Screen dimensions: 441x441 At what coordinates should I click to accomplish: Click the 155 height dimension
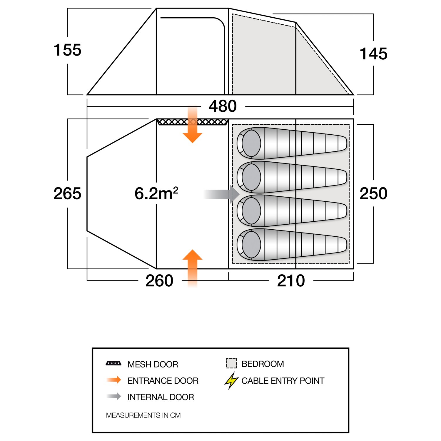[67, 50]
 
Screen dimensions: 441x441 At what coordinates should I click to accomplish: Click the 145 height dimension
[373, 54]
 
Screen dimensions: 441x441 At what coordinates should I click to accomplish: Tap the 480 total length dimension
[223, 106]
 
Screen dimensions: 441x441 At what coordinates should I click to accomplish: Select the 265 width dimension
[67, 193]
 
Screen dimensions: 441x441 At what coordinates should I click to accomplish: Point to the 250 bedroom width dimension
[373, 193]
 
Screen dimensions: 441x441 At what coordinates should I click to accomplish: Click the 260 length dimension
[159, 281]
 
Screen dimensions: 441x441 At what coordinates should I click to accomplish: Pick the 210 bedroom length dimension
[291, 281]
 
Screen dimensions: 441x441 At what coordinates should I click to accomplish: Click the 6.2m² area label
[156, 193]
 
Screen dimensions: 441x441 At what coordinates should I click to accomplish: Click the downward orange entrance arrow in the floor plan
[193, 126]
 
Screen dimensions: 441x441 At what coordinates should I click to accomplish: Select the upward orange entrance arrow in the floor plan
[193, 266]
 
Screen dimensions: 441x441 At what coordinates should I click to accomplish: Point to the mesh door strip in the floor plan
[192, 122]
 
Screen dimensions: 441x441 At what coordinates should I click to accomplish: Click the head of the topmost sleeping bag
[251, 143]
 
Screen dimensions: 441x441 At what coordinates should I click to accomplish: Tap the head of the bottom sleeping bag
[251, 244]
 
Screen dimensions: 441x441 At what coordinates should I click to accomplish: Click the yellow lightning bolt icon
[231, 380]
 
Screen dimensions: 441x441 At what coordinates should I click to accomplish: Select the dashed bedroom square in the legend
[231, 363]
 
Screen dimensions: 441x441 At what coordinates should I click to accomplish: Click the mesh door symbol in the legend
[113, 364]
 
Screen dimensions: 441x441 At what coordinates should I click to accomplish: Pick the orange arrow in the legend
[114, 380]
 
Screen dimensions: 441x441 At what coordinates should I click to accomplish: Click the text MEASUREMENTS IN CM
[143, 415]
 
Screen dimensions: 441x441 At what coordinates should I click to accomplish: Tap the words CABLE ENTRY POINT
[283, 381]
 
